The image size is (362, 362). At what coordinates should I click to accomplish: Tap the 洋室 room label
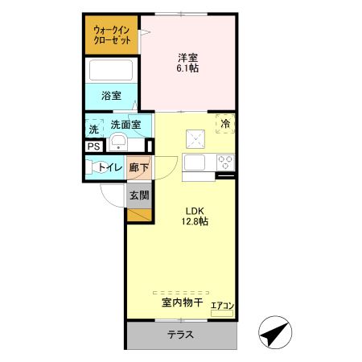click(188, 57)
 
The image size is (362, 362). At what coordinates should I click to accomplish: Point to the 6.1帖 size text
click(188, 68)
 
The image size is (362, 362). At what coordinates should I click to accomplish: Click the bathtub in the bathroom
click(113, 71)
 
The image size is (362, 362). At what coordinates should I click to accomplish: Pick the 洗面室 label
click(125, 125)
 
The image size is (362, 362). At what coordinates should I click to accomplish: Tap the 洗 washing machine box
click(94, 129)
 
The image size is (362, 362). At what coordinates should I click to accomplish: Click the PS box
click(94, 146)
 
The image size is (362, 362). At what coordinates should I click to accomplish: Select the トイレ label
click(110, 167)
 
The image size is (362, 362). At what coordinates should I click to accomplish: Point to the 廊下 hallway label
click(138, 167)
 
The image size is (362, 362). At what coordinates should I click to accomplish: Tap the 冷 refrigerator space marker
click(226, 124)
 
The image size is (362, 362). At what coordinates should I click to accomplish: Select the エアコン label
click(222, 305)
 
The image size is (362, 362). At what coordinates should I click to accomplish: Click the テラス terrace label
click(180, 335)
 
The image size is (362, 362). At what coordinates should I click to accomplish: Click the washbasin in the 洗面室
click(117, 143)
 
